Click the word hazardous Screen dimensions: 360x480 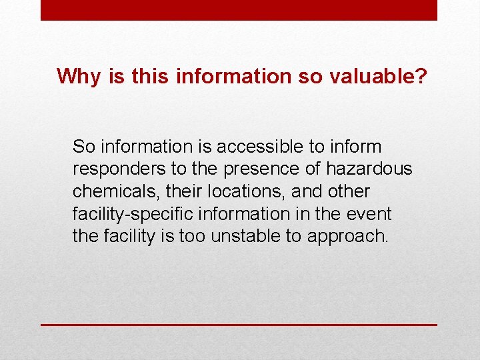369,169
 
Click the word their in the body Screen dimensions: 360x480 183,191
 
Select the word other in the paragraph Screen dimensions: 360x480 349,191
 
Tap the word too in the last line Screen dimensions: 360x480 193,237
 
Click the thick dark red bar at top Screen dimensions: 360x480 239,10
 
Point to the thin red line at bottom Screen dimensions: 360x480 239,325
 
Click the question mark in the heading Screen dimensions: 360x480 421,76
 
